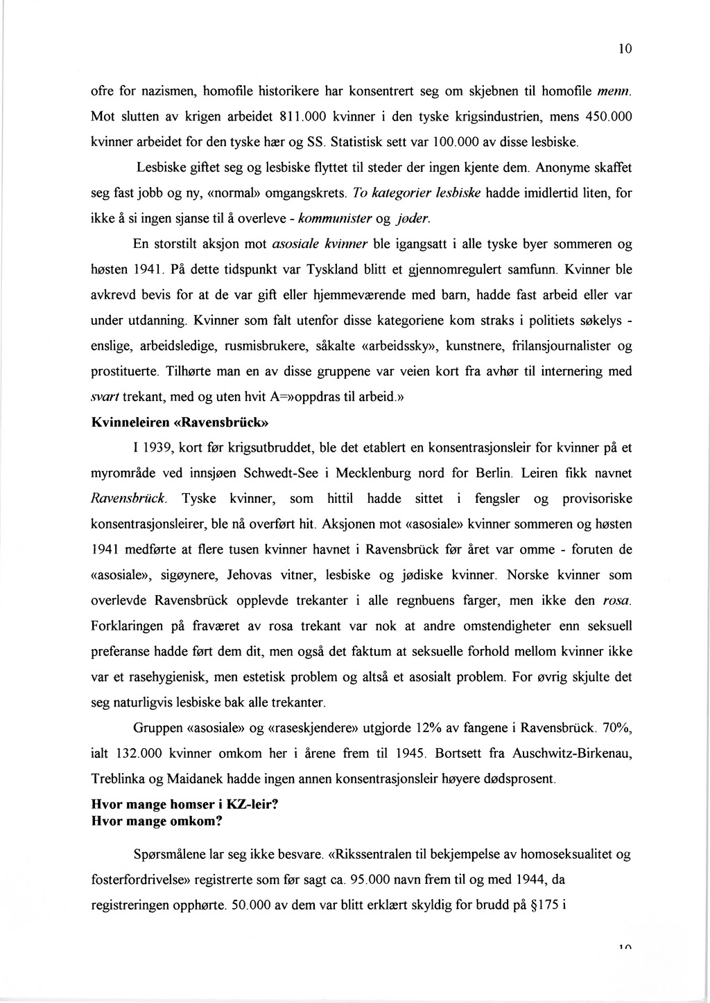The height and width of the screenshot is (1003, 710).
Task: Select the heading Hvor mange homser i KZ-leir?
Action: click(189, 806)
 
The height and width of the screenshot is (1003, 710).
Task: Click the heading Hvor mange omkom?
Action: click(157, 822)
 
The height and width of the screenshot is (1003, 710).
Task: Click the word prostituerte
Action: click(125, 371)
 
